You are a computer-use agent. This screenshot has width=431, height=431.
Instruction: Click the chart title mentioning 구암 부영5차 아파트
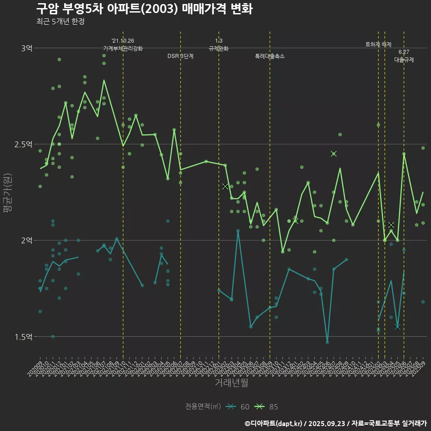point(144,9)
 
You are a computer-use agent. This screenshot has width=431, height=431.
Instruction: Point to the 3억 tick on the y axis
point(26,48)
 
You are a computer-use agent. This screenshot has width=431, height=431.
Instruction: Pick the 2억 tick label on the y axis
point(26,240)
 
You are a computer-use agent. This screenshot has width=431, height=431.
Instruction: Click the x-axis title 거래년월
point(231,383)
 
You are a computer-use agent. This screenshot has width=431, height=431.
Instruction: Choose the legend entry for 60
point(238,407)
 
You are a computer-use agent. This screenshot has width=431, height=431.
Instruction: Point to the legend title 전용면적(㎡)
point(203,407)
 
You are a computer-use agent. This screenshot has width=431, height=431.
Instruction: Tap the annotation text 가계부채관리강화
point(123,48)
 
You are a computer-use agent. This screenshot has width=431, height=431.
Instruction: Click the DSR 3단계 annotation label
point(180,57)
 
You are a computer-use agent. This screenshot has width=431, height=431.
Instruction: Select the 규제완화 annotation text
point(219,48)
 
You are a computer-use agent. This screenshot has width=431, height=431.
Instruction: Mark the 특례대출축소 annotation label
point(270,57)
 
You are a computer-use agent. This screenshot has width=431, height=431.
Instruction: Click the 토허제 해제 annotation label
point(378,44)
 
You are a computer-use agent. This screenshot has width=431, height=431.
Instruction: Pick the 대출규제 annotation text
point(404,60)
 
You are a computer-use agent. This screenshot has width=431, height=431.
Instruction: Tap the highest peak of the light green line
point(104,80)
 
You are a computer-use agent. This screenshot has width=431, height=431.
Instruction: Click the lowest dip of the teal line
point(327,342)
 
